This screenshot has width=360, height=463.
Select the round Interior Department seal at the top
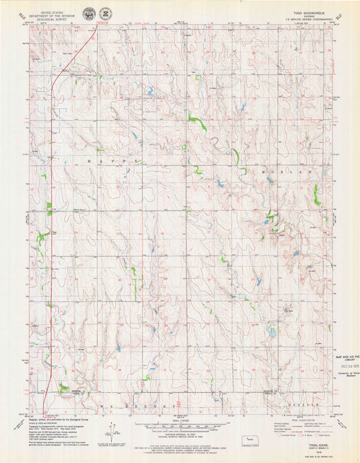pyautogui.click(x=89, y=14)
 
